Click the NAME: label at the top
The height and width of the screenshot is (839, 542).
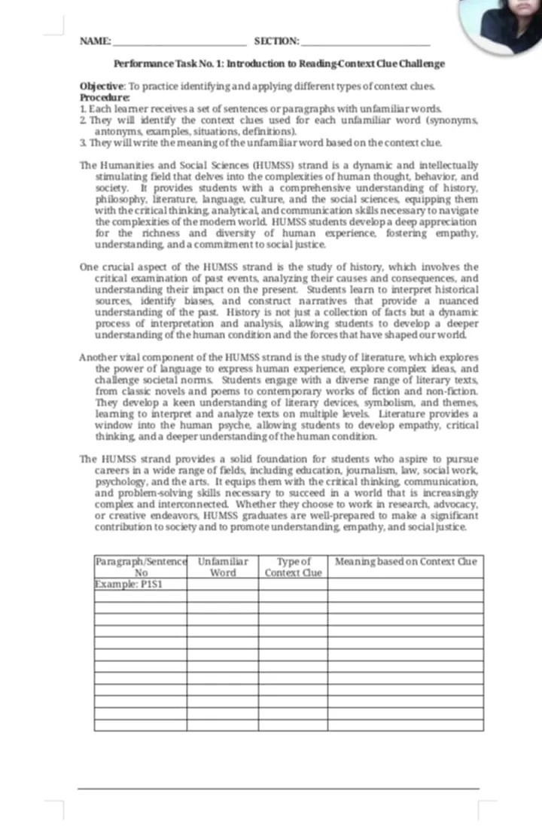click(x=95, y=40)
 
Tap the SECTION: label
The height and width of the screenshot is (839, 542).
click(x=276, y=40)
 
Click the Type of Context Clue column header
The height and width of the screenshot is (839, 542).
click(x=293, y=567)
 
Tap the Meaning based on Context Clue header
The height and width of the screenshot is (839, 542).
click(x=405, y=562)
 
